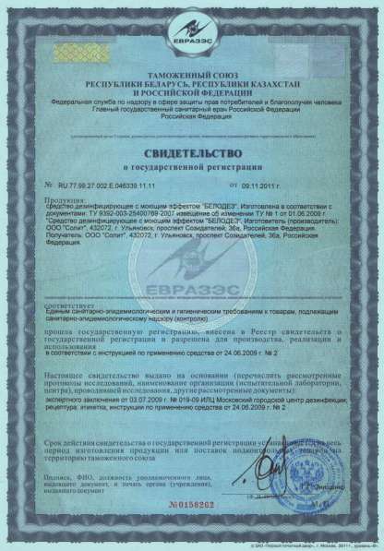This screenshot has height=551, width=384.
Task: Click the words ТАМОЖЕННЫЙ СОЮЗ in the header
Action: coord(191,80)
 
